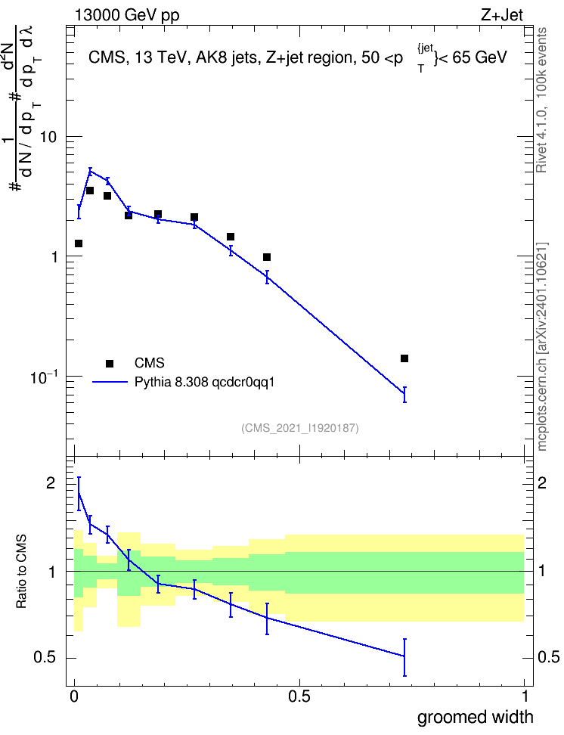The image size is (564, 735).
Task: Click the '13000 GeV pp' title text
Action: tap(127, 15)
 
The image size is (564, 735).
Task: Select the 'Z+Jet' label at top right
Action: tap(502, 15)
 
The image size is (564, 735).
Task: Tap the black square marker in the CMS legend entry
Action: tap(110, 363)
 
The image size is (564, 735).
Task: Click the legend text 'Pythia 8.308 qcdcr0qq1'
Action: tap(204, 382)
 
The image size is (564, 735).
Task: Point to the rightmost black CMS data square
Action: tap(404, 358)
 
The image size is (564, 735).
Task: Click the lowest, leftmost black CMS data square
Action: tap(79, 243)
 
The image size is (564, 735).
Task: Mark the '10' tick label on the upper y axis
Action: tap(48, 138)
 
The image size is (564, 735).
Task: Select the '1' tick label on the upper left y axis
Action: tap(54, 257)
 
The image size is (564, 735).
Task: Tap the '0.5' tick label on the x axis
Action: tap(299, 696)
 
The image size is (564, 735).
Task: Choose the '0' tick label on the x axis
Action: tap(74, 696)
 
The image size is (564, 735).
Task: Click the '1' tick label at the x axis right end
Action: tap(525, 696)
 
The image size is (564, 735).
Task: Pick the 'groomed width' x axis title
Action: tap(475, 717)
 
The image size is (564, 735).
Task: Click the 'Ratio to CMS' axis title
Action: tap(21, 572)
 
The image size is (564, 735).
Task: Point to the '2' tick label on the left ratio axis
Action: tap(51, 482)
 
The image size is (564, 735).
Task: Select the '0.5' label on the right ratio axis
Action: tap(549, 656)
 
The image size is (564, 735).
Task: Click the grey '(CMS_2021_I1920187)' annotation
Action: tap(300, 427)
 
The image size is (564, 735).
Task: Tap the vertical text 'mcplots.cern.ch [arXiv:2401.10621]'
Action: tap(542, 346)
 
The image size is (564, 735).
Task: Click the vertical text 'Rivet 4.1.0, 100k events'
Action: tap(541, 100)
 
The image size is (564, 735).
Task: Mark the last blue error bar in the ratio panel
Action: tap(404, 656)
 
